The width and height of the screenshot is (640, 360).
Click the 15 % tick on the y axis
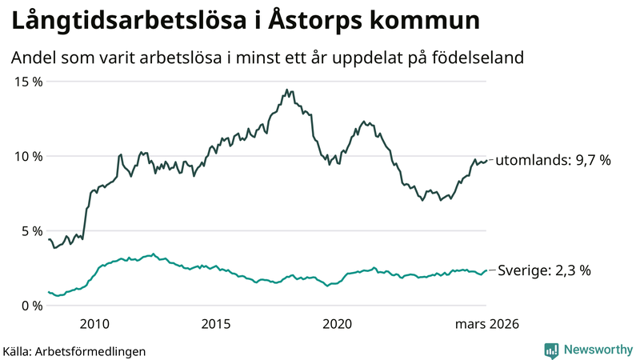point(26,82)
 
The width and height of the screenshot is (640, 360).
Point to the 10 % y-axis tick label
point(26,156)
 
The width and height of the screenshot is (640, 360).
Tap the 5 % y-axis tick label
point(30,230)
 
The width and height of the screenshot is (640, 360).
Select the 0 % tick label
point(30,305)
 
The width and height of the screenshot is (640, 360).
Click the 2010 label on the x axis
point(94,324)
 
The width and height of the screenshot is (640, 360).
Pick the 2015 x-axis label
point(216,324)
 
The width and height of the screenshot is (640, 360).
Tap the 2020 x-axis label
point(337,324)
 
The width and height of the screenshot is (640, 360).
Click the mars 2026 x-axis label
point(487,324)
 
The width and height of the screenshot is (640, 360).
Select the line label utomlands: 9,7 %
point(554,160)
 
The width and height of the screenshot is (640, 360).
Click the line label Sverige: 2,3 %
point(544,270)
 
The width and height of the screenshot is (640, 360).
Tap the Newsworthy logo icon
point(551,350)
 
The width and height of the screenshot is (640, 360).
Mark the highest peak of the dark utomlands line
point(286,90)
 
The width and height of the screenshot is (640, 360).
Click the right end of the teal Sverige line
point(486,270)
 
